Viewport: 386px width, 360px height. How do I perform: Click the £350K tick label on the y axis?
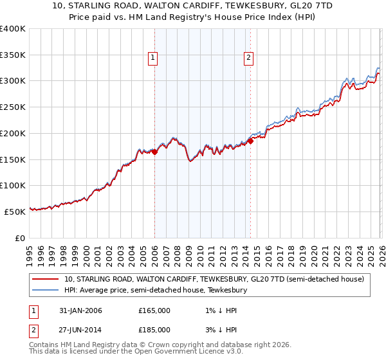coord(13,55)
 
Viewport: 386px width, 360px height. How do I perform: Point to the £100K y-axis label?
coord(13,186)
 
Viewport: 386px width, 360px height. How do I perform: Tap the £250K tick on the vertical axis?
coord(13,107)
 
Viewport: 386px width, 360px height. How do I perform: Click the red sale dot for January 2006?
coord(154,152)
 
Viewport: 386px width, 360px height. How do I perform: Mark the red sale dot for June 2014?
coord(250,141)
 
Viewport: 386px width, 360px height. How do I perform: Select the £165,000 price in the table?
coord(154,310)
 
